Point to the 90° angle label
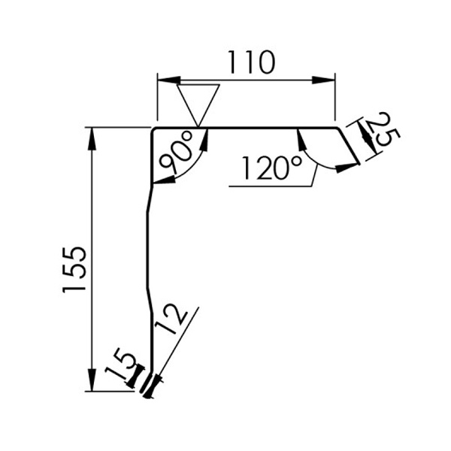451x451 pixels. point(177,154)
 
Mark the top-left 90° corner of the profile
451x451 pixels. point(154,129)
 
